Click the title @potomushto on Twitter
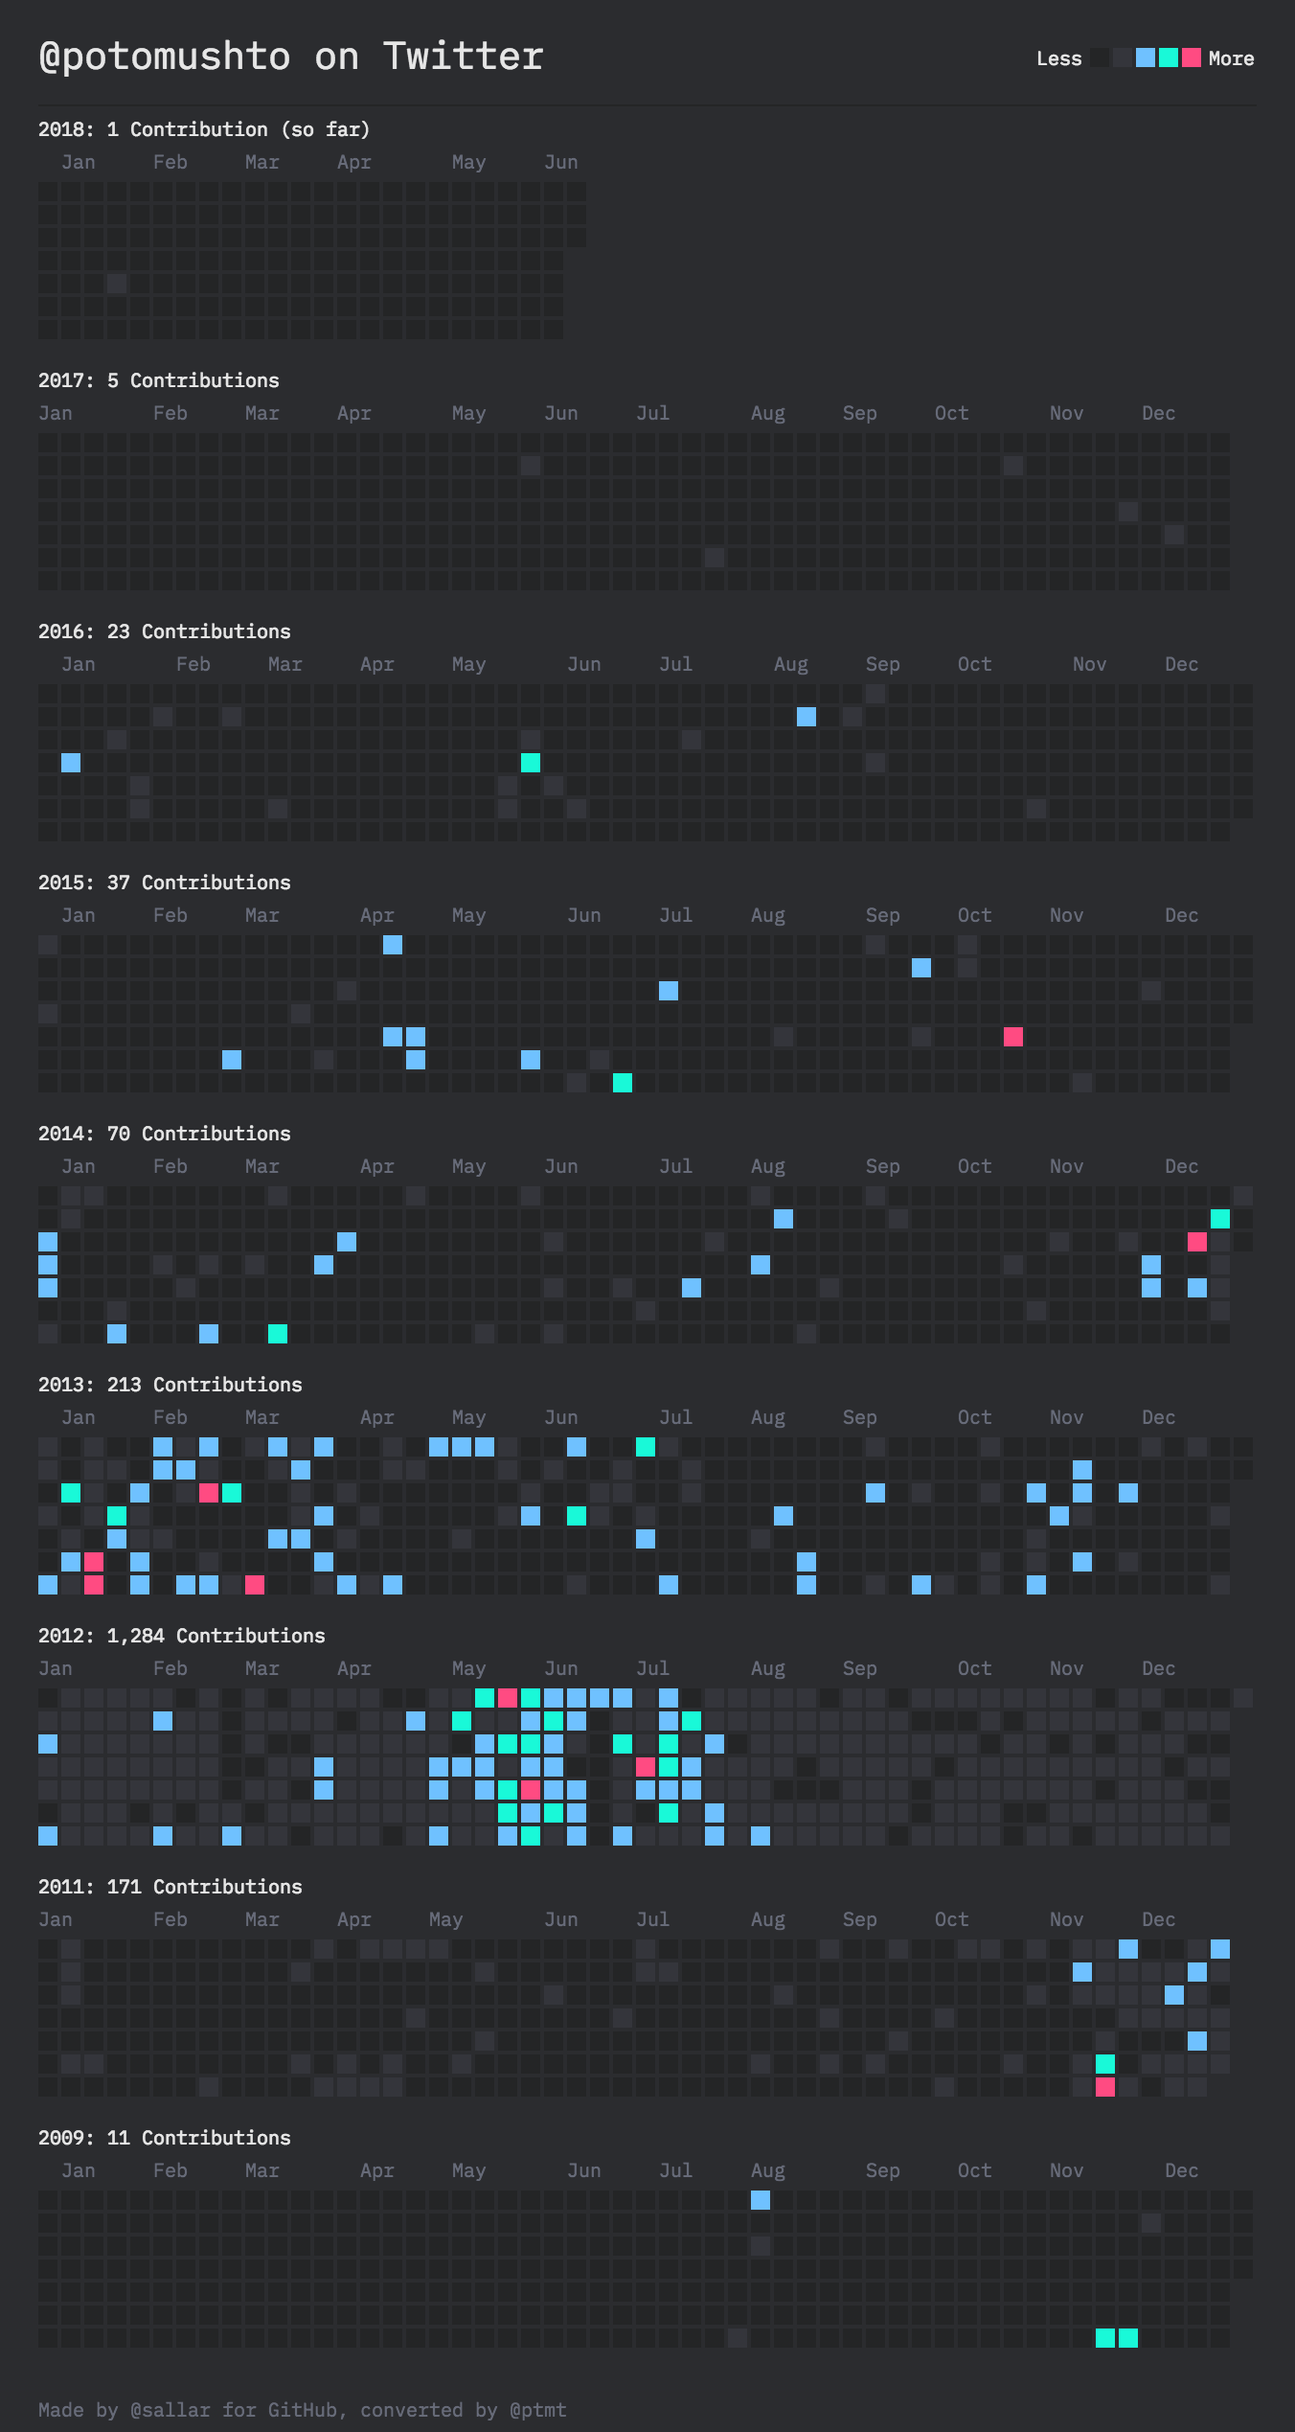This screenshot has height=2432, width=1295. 290,57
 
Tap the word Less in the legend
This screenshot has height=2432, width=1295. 1058,58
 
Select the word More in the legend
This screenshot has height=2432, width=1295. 1231,58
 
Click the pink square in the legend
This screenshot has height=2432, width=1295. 1191,57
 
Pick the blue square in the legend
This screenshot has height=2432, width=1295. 1145,57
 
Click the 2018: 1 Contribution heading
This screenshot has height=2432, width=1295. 203,129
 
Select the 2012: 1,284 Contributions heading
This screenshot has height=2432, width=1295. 181,1636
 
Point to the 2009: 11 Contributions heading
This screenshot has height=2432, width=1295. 164,2138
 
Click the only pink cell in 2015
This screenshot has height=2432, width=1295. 1012,1037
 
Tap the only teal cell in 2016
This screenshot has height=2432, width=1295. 530,763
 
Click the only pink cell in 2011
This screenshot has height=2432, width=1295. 1104,2087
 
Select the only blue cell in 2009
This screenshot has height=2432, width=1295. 760,2200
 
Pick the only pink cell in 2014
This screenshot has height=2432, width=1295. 1196,1242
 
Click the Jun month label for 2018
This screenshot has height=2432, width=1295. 560,162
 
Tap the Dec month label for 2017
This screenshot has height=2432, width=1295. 1158,413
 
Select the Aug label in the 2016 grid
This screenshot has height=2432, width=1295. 790,664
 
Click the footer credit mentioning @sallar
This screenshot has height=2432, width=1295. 302,2409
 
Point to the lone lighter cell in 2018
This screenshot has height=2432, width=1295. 116,284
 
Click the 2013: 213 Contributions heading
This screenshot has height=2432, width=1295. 170,1385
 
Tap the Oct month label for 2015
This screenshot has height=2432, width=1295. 974,915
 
